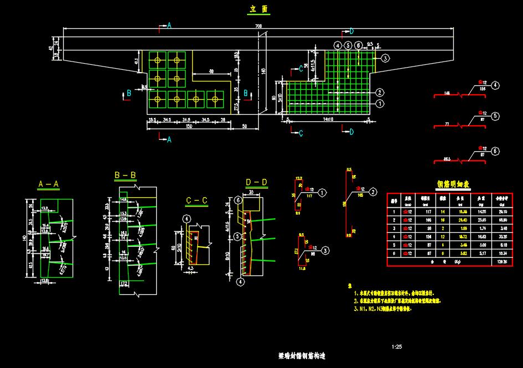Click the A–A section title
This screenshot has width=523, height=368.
click(x=49, y=183)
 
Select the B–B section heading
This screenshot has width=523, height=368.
click(x=125, y=175)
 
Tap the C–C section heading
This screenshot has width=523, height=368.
click(x=197, y=200)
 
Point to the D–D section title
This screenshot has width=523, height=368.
click(x=257, y=182)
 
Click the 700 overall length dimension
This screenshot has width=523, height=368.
click(x=258, y=27)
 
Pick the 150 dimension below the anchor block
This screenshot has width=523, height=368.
click(x=189, y=126)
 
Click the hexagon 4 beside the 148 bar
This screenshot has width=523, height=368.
click(x=495, y=85)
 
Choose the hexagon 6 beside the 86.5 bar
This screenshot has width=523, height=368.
click(x=495, y=151)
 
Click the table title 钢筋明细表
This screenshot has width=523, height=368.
click(x=453, y=184)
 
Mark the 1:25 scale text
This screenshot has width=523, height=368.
click(x=396, y=347)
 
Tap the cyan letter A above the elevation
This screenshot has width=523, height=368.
click(x=170, y=26)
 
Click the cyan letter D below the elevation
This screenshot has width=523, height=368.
click(x=351, y=132)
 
